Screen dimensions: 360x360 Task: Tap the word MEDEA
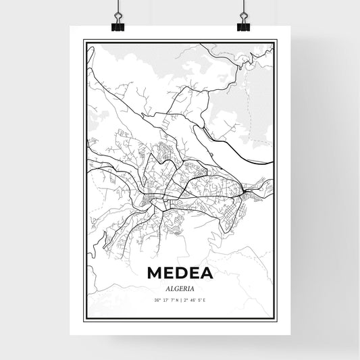[x=180, y=273]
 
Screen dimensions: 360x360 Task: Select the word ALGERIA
[x=180, y=286]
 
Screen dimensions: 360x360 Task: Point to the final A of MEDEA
[x=205, y=273]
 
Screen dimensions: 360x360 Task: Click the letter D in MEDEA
[x=180, y=273]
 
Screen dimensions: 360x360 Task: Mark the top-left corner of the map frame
[x=84, y=41]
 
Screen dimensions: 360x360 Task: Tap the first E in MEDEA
[x=168, y=273]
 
